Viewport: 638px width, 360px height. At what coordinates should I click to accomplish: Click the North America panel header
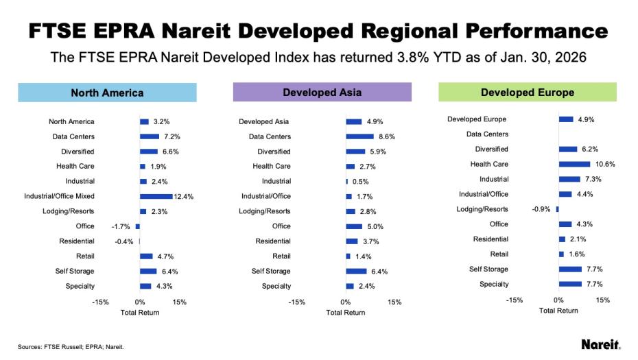pos(107,93)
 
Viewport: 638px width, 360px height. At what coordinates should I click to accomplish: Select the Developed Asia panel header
pos(322,92)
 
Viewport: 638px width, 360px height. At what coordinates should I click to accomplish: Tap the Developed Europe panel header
pos(528,92)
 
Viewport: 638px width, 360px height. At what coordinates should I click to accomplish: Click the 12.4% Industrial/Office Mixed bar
pos(156,196)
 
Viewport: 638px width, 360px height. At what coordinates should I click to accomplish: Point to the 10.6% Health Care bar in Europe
pos(574,164)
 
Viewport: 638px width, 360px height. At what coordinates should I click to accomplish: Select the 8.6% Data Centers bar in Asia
pos(359,136)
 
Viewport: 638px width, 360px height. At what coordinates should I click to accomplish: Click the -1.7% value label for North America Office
pos(121,226)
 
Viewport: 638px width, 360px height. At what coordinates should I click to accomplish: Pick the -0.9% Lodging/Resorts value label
pos(542,209)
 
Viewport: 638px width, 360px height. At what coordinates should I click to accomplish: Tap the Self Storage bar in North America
pos(148,271)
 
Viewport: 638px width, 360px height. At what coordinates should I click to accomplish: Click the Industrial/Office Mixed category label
pos(59,196)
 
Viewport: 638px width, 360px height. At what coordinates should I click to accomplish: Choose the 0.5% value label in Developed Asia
pos(360,182)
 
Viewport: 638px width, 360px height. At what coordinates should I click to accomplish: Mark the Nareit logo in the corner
pos(600,344)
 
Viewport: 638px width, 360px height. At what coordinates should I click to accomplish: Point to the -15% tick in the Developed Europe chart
pos(514,300)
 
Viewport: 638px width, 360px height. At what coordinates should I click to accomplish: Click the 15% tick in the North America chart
pos(179,302)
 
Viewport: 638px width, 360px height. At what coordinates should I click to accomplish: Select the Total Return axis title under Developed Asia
pos(345,313)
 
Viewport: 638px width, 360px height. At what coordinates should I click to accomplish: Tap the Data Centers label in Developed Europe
pos(487,134)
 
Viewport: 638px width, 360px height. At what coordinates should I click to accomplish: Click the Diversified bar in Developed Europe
pos(568,149)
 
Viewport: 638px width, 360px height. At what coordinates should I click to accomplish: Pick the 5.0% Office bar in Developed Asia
pos(353,226)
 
